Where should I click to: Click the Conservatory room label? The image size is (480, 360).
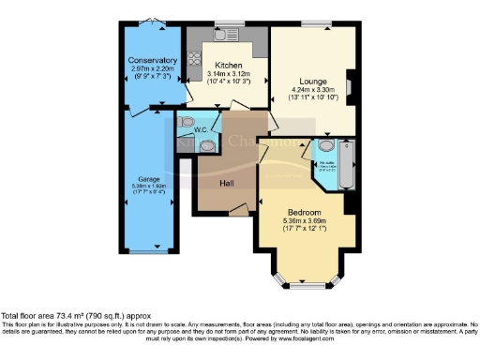pos(153,61)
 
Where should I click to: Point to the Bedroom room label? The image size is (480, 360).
pos(305,211)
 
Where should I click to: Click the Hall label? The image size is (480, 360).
pos(226,183)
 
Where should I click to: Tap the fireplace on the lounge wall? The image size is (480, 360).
pos(350,86)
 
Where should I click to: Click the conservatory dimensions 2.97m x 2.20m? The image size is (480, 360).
pos(153,69)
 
